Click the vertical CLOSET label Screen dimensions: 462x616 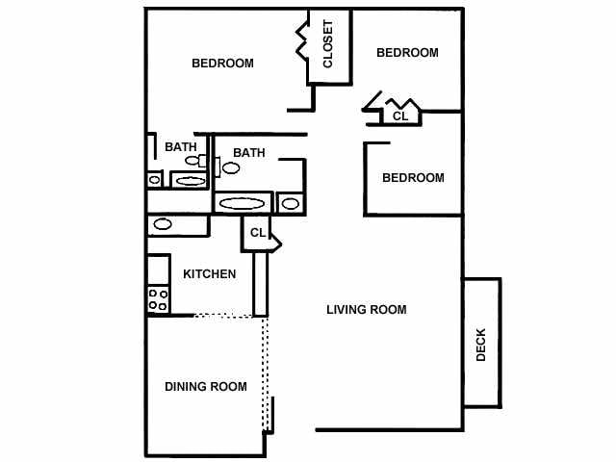coord(327,46)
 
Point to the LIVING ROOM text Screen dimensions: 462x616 coord(366,310)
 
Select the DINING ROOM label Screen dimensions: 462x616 coord(205,387)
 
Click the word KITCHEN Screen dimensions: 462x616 coord(210,274)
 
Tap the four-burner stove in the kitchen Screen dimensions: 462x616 coord(158,300)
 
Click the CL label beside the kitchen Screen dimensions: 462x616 coord(257,233)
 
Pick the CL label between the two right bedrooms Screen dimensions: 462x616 coord(400,115)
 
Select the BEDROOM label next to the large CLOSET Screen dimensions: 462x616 coord(222,64)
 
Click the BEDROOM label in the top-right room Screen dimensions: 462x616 coord(407,53)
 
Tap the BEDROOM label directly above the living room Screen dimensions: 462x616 coord(413,178)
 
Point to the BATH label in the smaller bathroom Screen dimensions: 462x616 coord(180,147)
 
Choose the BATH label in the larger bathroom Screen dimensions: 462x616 coord(248,153)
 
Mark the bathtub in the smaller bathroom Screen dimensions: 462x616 coord(190,180)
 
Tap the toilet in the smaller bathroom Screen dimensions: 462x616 coord(192,161)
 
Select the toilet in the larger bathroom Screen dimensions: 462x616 coord(231,168)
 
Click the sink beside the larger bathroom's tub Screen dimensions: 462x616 coord(290,203)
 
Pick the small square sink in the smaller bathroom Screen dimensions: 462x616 coord(154,180)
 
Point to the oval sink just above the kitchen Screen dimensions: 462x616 coord(163,225)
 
